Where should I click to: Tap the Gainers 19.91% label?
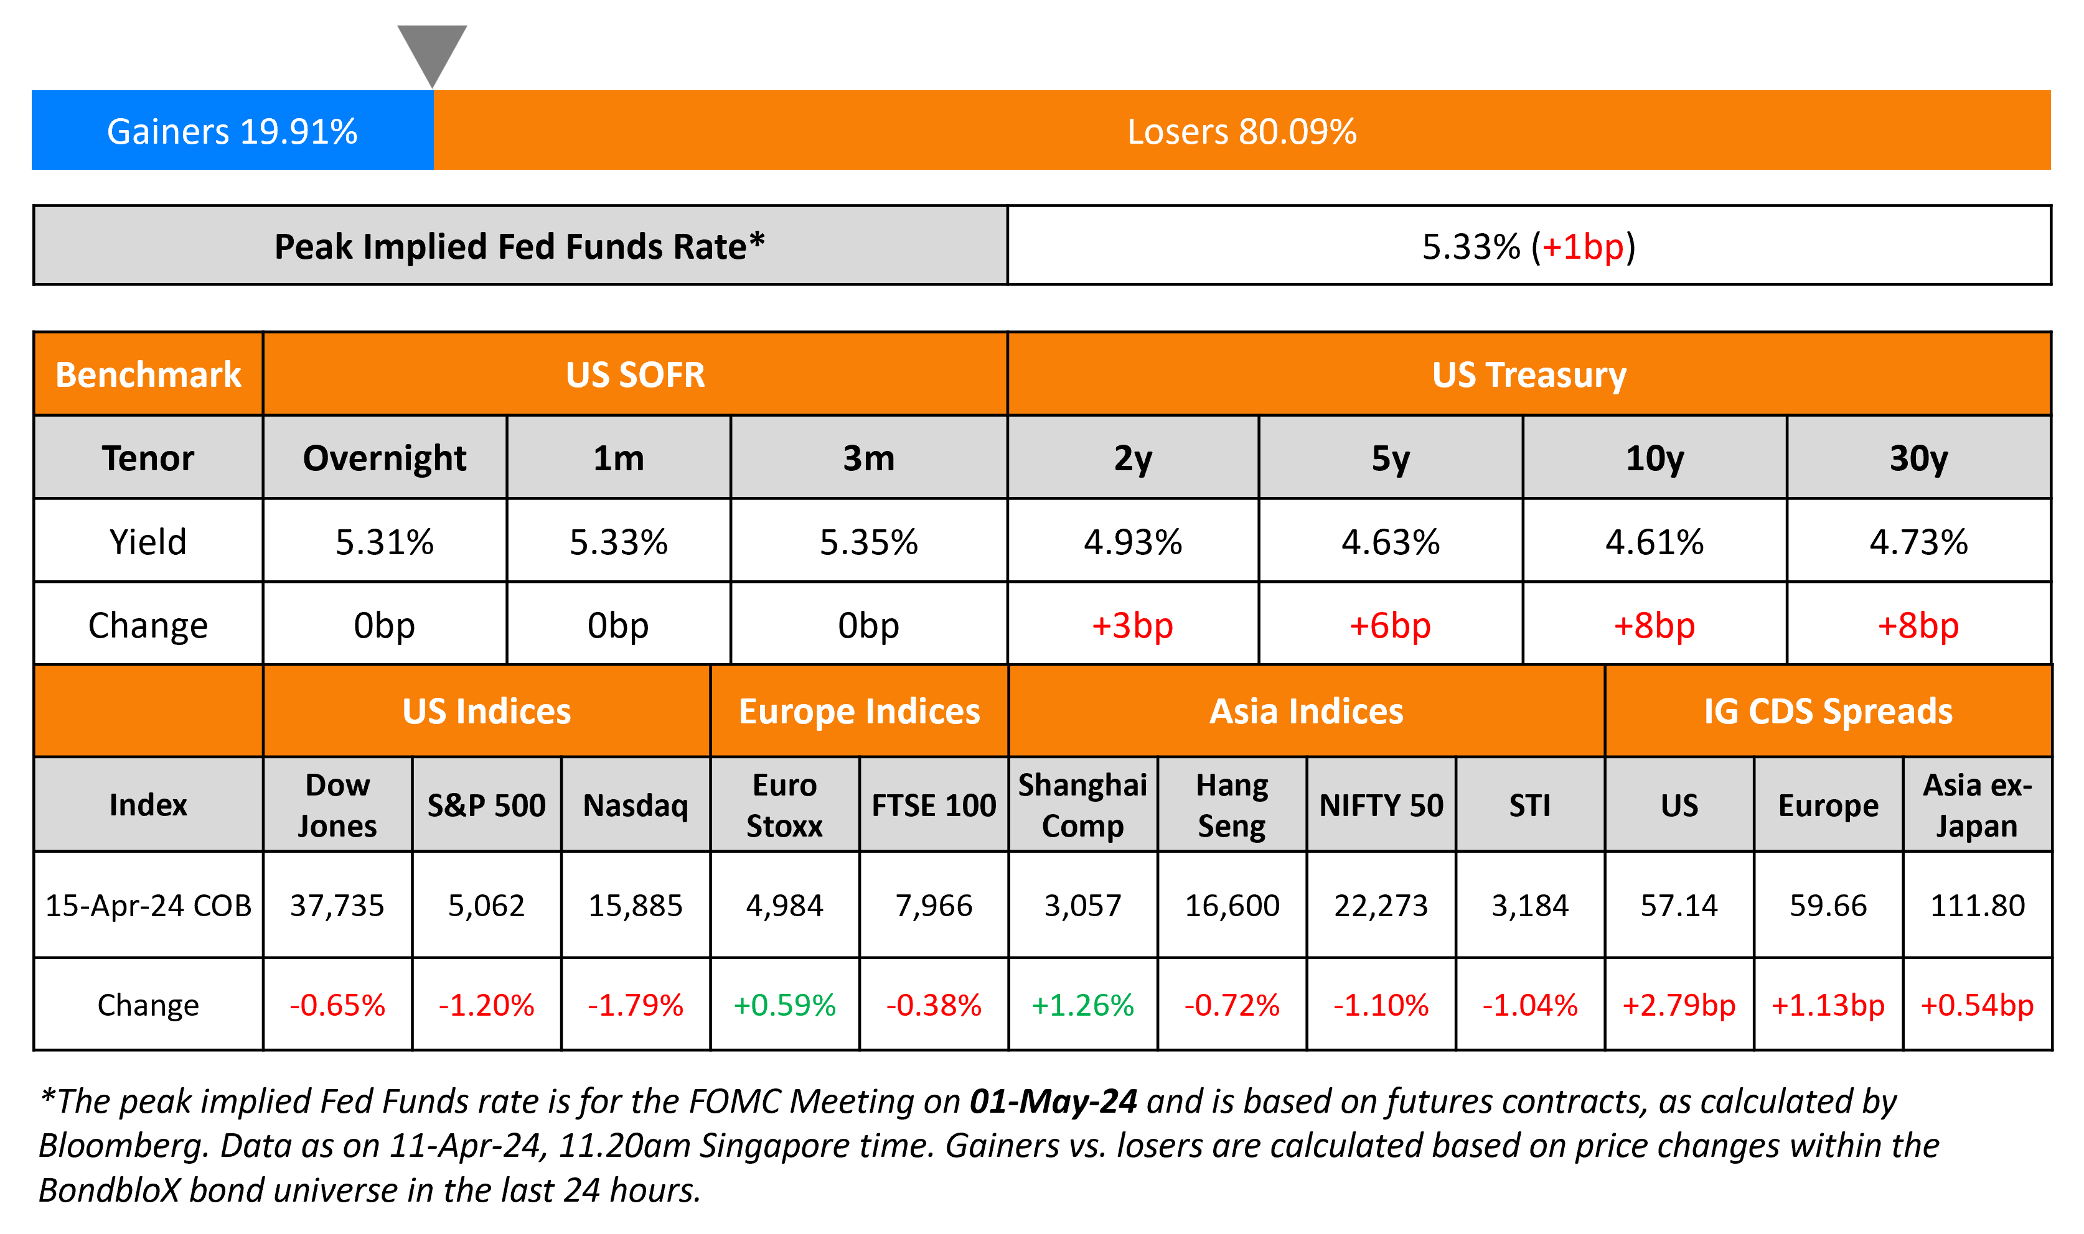(x=232, y=131)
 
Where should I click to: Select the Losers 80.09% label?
(x=1241, y=131)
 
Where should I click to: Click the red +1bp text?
(x=1582, y=247)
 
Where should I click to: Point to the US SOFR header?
(x=635, y=375)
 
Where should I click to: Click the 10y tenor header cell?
(x=1654, y=458)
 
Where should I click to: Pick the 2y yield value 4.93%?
(x=1132, y=542)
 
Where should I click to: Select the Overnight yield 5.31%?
(x=384, y=542)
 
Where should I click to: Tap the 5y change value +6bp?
(x=1389, y=625)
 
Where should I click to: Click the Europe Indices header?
(x=860, y=712)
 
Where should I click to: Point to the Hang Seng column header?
(x=1231, y=805)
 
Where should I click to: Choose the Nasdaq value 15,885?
(x=635, y=905)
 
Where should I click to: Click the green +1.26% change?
(x=1082, y=1005)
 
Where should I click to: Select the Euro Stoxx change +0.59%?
(x=784, y=1005)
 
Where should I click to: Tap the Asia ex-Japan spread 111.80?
(x=1977, y=905)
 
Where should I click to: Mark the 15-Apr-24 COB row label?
(x=148, y=905)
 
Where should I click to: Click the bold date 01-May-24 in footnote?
(x=1053, y=1101)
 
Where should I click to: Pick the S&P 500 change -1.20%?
(x=486, y=1005)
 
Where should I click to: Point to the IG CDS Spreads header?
(x=1828, y=712)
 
